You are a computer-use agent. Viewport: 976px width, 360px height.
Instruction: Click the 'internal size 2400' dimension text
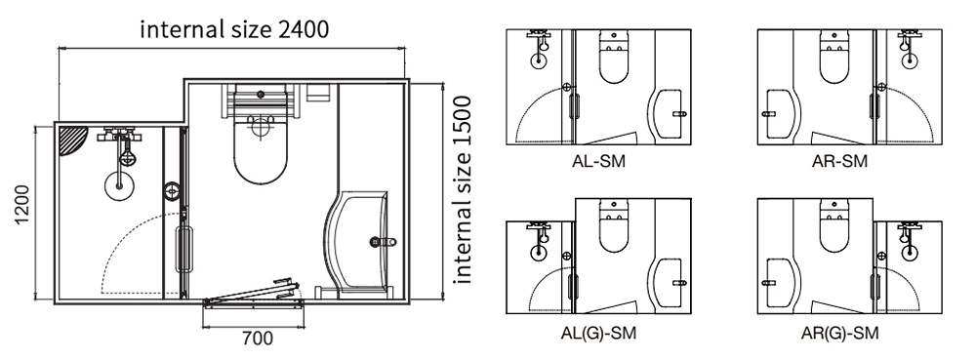[x=233, y=28]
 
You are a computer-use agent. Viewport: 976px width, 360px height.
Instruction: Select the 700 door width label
[x=257, y=340]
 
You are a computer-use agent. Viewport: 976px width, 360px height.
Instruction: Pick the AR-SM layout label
[x=839, y=161]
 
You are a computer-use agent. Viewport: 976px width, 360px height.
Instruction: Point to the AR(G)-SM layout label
[x=839, y=333]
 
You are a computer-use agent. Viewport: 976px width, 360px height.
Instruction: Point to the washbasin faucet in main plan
[x=383, y=241]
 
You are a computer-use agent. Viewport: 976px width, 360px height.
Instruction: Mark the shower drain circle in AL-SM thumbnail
[x=537, y=59]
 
